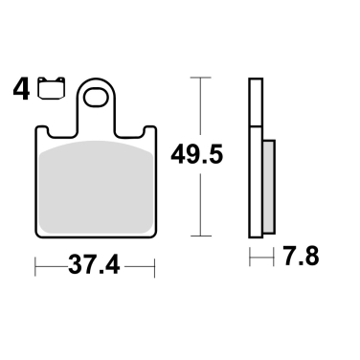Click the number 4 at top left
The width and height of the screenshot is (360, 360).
pos(20,92)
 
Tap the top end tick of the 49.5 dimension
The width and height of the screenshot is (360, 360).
pos(198,77)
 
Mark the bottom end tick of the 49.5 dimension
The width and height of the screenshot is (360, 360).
pos(198,236)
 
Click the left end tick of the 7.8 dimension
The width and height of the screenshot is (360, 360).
pos(250,257)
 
